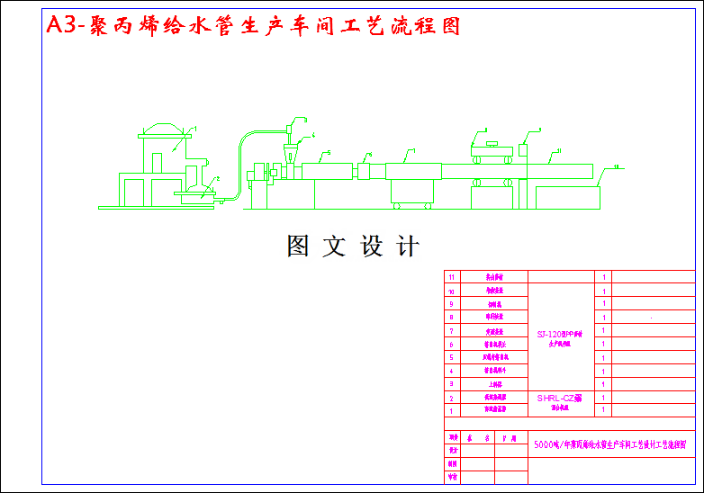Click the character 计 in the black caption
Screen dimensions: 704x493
click(x=408, y=246)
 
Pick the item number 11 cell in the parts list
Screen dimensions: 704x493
click(x=452, y=277)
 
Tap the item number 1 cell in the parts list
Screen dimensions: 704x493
click(x=452, y=409)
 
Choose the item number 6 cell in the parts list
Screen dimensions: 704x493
click(x=452, y=344)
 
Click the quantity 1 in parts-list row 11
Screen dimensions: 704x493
click(x=603, y=277)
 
